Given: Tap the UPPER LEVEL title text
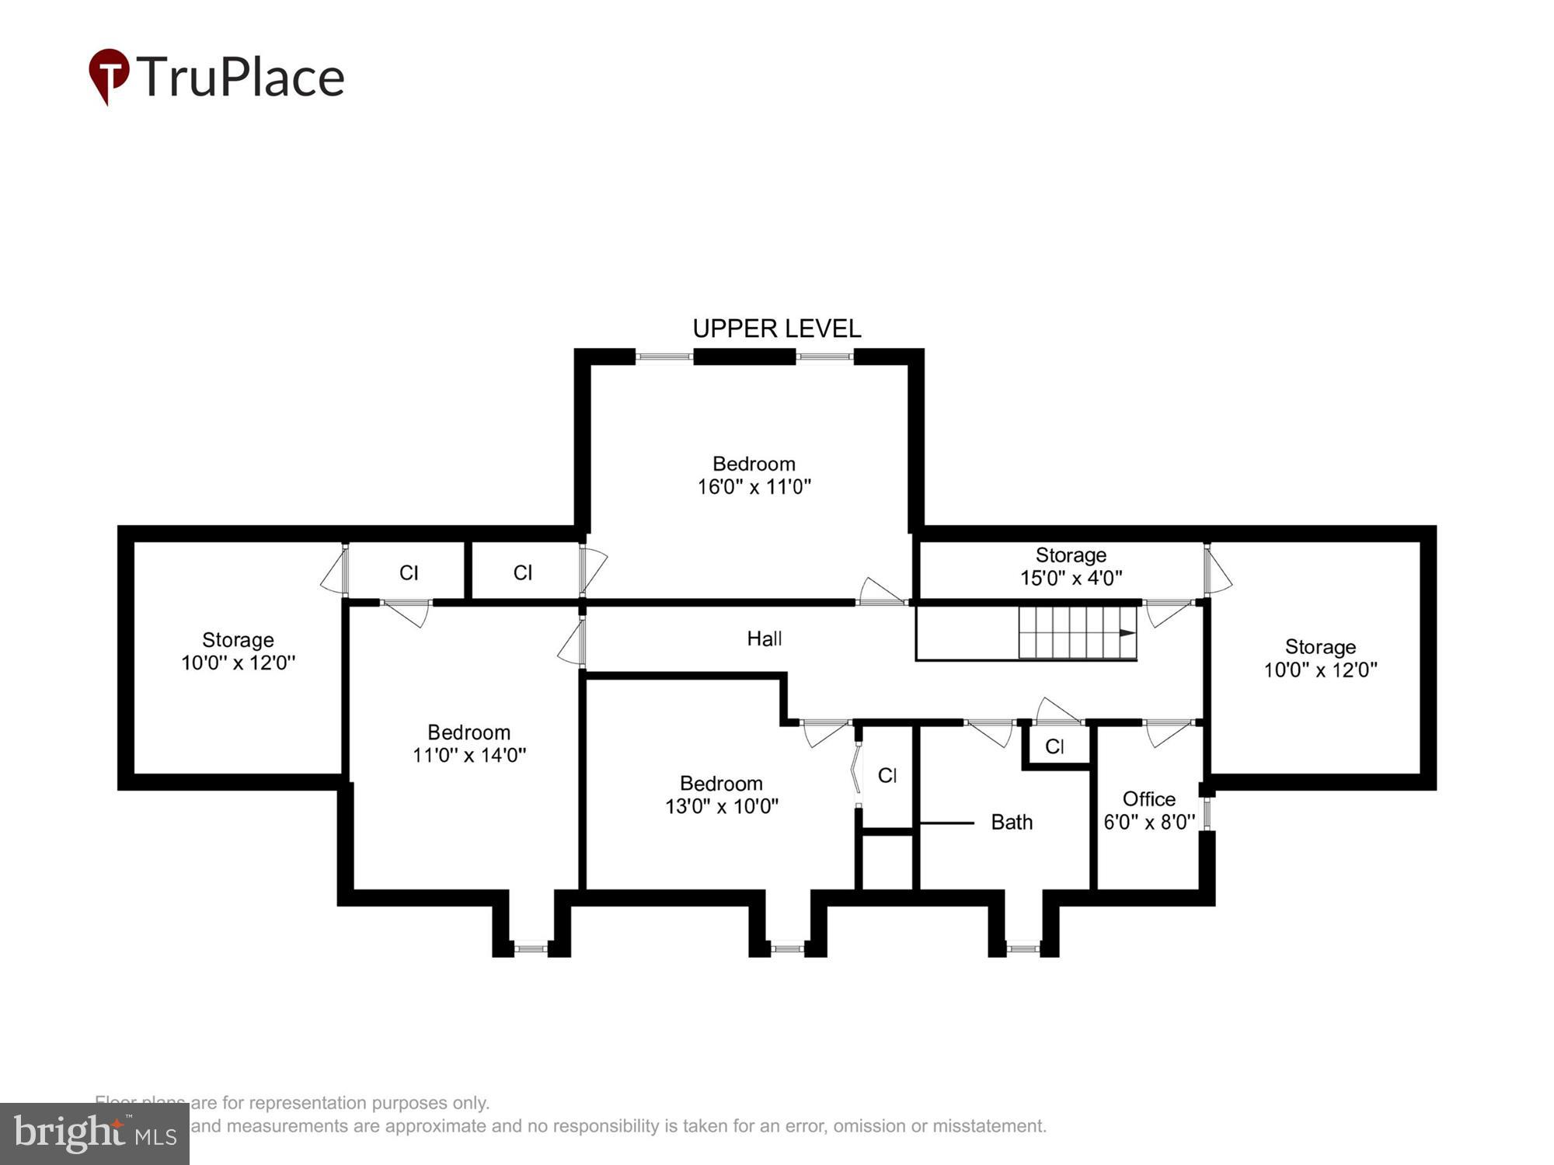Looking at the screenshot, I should [x=776, y=329].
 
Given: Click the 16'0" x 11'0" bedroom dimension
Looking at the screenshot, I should [x=754, y=487].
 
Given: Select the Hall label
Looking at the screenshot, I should [x=764, y=638].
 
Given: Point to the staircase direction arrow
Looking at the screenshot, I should [x=1127, y=633].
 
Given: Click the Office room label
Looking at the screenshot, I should [x=1148, y=798].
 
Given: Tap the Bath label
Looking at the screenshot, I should [x=1011, y=822].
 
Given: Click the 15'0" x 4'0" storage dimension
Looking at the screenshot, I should [x=1071, y=578].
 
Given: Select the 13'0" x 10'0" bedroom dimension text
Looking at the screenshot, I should [x=721, y=806].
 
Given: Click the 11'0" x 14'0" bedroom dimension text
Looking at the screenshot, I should [x=469, y=754].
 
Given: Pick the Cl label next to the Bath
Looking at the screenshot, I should [x=887, y=775].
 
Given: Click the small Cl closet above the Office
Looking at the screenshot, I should [x=1054, y=746].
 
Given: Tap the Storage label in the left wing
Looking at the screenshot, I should [x=238, y=640].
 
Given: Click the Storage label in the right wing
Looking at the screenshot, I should [x=1319, y=646].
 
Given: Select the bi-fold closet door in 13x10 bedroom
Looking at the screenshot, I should [x=855, y=769].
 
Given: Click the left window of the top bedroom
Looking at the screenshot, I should [x=664, y=356].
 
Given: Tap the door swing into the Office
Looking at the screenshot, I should [x=1165, y=732].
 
